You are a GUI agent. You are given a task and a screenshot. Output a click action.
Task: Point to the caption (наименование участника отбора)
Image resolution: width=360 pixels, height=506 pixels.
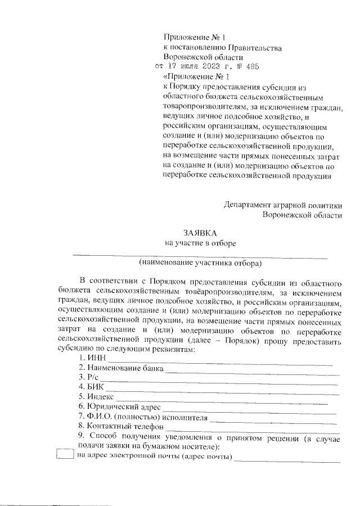pyautogui.click(x=201, y=263)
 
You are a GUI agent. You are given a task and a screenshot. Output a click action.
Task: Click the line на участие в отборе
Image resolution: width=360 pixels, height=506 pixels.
pyautogui.click(x=200, y=243)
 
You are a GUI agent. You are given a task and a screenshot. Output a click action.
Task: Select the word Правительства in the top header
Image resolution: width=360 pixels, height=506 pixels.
pyautogui.click(x=250, y=47)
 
